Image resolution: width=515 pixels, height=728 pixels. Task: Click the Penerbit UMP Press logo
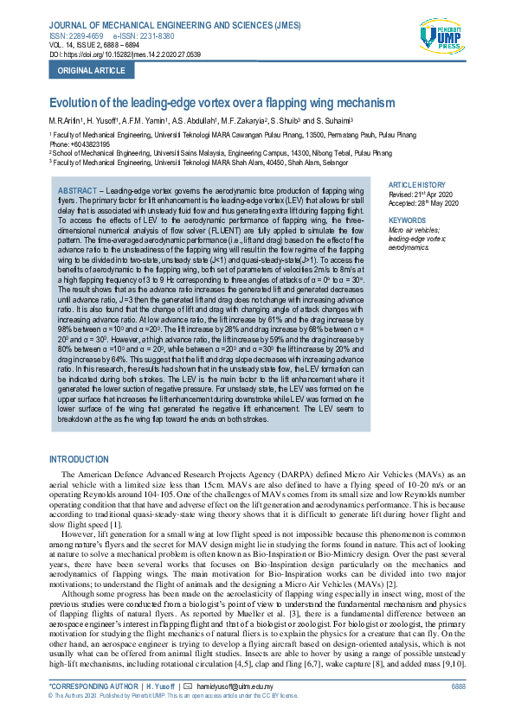tap(441, 39)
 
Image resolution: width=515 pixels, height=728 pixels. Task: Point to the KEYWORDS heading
tap(407, 220)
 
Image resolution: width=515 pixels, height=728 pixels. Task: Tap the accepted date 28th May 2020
tap(441, 202)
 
